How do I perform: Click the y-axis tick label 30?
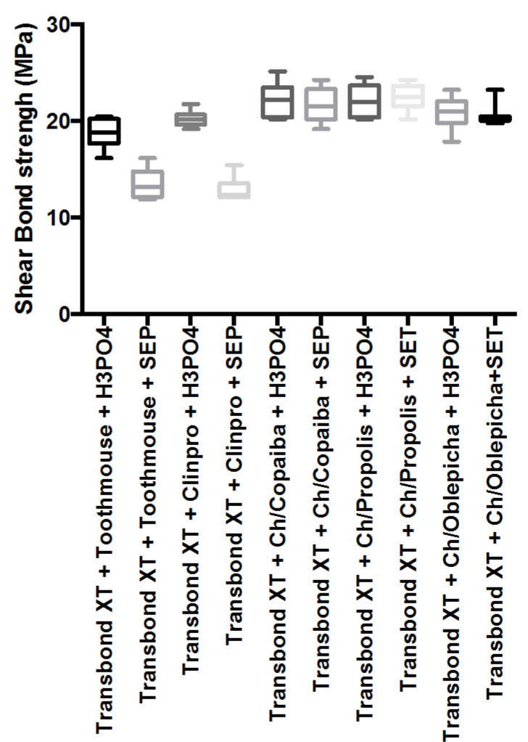pos(58,24)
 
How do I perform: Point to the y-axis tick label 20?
pos(58,121)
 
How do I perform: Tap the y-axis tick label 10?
pos(58,218)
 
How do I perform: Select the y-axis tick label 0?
pos(64,314)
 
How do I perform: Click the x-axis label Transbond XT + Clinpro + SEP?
pos(234,485)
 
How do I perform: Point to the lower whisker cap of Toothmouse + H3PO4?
pos(104,158)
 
